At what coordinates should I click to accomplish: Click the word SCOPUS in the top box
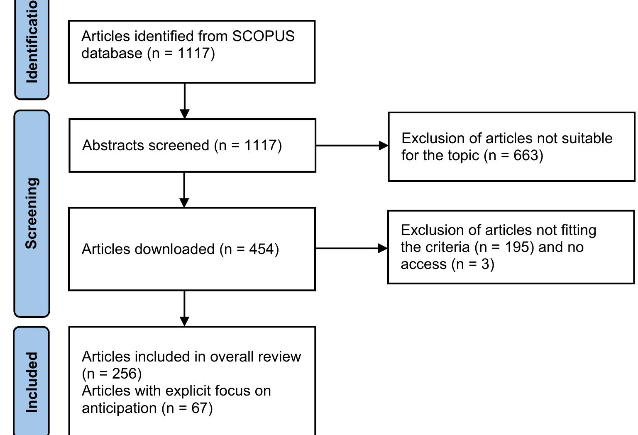263,36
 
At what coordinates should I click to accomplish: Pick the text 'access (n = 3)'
447,264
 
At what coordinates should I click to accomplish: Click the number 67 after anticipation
199,408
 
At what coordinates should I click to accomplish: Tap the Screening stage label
32,213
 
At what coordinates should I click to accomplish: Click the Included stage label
32,382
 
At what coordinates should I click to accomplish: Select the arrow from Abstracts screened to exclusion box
352,146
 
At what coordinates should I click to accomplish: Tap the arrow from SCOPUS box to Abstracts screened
185,101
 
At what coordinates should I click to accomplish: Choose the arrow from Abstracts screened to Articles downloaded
184,190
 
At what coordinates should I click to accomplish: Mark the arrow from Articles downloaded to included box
184,308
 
